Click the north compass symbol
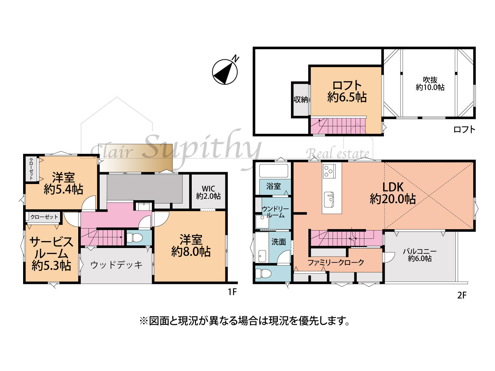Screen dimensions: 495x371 click(225, 72)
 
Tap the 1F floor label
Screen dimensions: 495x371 click(232, 292)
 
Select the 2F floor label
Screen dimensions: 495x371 click(461, 295)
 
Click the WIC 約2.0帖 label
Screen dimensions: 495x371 click(208, 192)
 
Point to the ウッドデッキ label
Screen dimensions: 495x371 click(116, 265)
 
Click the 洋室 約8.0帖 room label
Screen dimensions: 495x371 click(191, 246)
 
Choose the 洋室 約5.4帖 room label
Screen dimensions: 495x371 click(63, 183)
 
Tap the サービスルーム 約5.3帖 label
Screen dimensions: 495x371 click(51, 253)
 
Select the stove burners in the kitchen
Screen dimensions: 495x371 click(329, 171)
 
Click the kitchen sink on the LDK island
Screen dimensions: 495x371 click(329, 200)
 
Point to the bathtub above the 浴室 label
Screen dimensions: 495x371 click(274, 171)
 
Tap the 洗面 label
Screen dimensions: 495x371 click(279, 242)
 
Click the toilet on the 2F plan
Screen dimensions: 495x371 click(263, 274)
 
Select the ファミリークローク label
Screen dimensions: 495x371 click(336, 263)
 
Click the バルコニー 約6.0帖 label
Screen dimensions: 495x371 click(420, 255)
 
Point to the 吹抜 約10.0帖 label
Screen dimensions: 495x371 click(430, 83)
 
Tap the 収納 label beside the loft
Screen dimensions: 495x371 click(301, 100)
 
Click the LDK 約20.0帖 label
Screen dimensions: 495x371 click(393, 193)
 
